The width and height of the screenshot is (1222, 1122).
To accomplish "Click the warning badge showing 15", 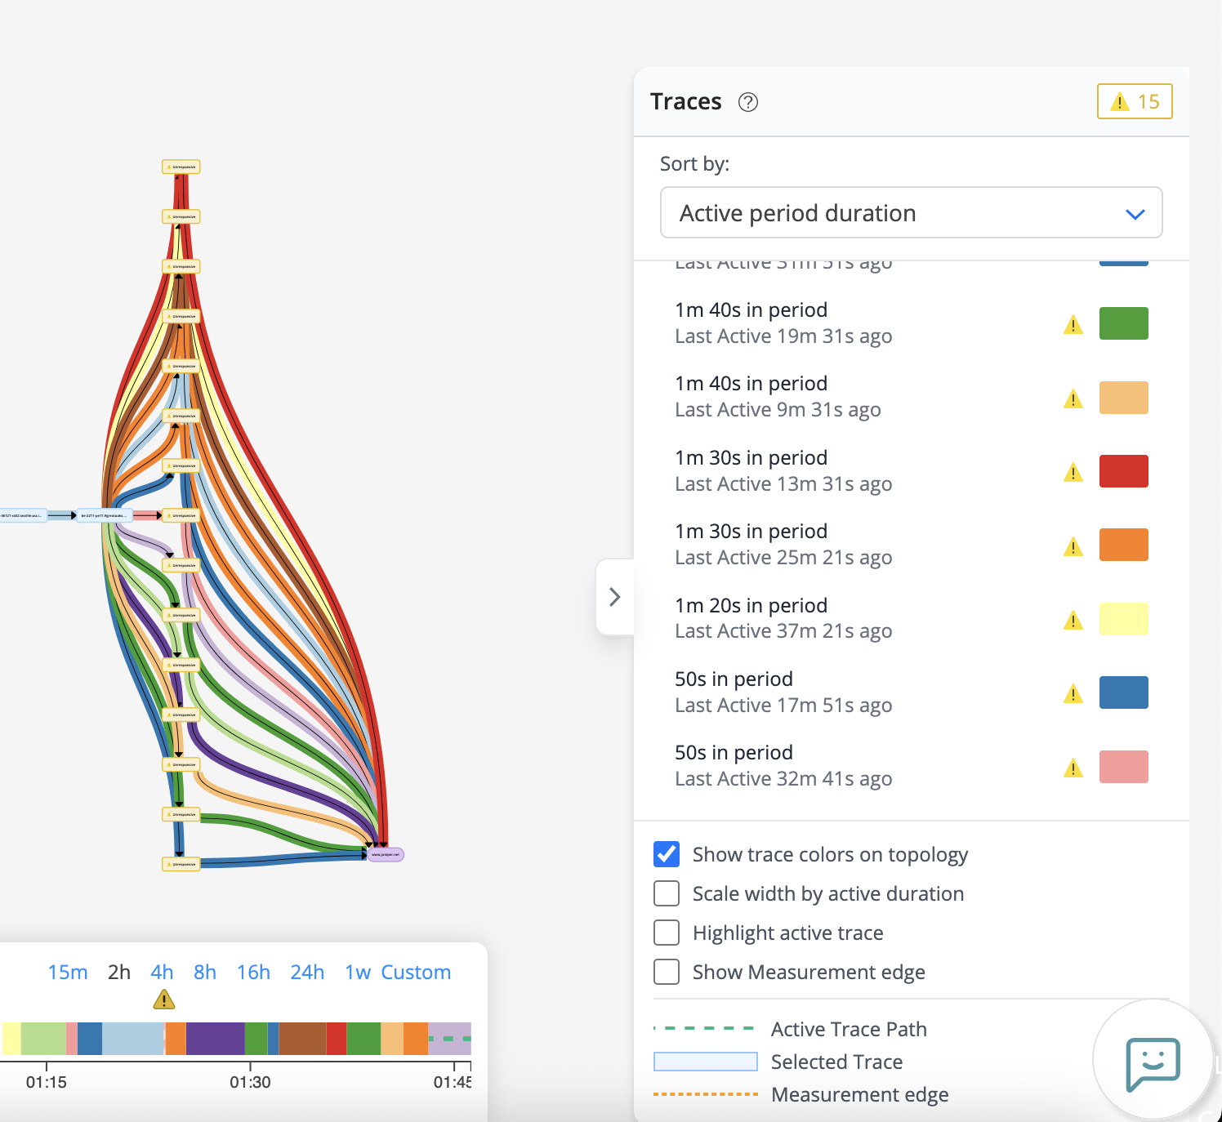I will (x=1134, y=101).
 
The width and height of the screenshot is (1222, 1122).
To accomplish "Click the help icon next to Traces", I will (x=747, y=102).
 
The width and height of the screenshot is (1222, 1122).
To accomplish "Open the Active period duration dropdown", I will (x=910, y=213).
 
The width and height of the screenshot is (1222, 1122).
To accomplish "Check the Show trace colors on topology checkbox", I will (x=667, y=854).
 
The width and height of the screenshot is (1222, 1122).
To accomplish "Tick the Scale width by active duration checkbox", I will (x=667, y=893).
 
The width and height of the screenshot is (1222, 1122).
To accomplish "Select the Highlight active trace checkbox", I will (x=667, y=933).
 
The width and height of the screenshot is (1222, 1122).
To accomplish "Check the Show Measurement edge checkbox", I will (x=667, y=972).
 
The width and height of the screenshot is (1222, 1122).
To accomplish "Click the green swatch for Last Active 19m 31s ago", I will (x=1123, y=323).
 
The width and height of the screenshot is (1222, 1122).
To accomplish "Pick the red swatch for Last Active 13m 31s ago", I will (x=1123, y=471).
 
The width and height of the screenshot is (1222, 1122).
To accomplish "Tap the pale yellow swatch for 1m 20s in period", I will (x=1123, y=619).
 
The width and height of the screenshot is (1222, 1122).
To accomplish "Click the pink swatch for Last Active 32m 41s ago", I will (x=1123, y=767).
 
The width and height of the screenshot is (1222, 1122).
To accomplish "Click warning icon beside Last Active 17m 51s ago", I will (x=1073, y=694).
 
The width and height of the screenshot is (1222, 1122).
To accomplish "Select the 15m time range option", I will (x=68, y=973).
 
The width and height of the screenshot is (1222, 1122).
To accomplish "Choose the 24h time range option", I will (x=307, y=973).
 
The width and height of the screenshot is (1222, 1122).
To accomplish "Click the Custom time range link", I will (x=416, y=973).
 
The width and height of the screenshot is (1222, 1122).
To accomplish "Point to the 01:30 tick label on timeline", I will (x=250, y=1082).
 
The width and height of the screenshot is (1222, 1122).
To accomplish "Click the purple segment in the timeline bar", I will (x=215, y=1039).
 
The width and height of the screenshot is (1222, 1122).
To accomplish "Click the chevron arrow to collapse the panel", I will (x=615, y=597).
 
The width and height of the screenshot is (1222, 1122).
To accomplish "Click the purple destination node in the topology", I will (x=386, y=855).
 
